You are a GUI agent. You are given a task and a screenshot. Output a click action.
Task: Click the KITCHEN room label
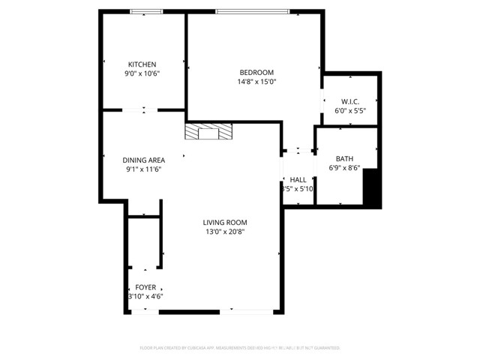pos(142,64)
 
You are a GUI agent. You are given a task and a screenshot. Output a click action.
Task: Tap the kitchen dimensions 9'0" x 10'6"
pos(142,73)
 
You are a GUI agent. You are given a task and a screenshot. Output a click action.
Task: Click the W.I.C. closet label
pos(350,101)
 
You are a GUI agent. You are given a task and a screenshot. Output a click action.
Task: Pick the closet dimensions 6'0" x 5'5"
pos(350,111)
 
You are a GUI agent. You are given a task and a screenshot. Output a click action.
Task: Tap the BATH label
pos(344,158)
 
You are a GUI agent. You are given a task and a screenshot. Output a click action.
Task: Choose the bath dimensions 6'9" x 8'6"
pos(344,168)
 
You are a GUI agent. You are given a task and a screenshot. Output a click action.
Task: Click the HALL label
pos(298,180)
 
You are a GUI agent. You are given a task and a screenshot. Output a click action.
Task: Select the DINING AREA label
pos(143,160)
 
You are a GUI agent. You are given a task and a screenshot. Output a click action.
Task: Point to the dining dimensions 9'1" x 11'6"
pos(143,169)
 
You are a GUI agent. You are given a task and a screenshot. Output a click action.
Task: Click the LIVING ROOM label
pos(225,222)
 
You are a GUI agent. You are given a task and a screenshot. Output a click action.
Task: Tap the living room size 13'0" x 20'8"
pos(225,232)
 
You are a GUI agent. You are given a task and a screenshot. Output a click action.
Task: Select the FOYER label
pos(145,287)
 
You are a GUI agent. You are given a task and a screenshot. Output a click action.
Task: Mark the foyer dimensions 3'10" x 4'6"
pos(145,297)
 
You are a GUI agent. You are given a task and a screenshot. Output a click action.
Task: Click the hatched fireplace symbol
pos(209,132)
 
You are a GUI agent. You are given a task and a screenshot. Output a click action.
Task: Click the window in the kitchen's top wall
pos(142,11)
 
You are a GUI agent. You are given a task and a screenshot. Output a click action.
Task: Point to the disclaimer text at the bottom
pos(240,348)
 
